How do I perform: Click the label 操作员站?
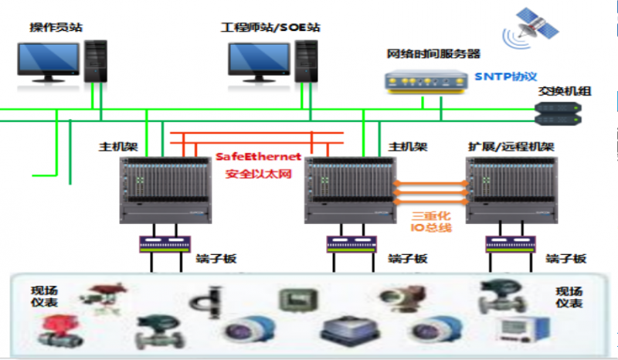click(x=56, y=28)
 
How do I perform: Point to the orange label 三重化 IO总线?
click(x=430, y=221)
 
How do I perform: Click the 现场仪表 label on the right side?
click(x=569, y=297)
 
